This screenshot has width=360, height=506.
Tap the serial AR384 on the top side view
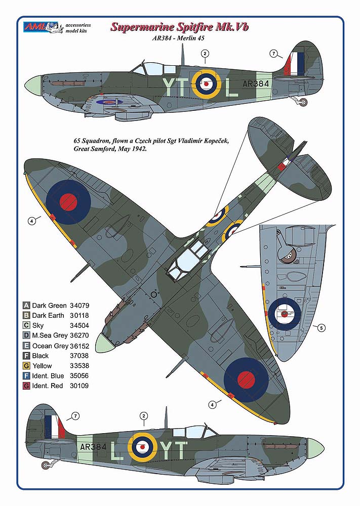coord(256,83)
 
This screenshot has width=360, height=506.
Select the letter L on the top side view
coord(231,88)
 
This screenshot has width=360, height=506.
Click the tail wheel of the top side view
coord(302,103)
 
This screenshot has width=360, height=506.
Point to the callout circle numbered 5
coord(321,327)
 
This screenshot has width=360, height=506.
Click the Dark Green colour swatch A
coord(26,306)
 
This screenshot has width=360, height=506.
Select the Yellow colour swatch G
coord(26,366)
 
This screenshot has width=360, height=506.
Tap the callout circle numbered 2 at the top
coord(205,53)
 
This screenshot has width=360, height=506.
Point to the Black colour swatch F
coord(26,356)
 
